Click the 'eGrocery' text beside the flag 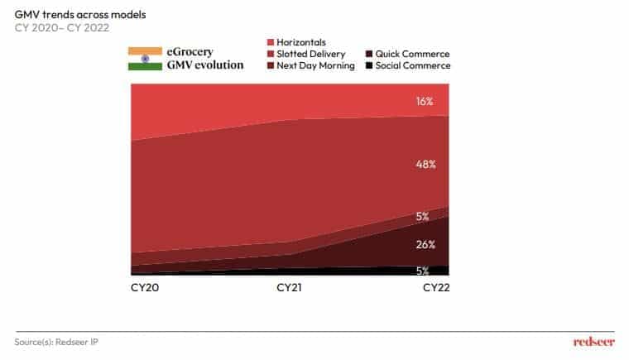point(190,52)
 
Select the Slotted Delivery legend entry point(309,53)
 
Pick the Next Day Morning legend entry point(312,65)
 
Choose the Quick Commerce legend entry point(406,53)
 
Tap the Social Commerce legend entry point(407,65)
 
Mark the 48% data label point(425,165)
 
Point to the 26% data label point(425,244)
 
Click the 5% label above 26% point(422,217)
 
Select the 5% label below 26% point(422,271)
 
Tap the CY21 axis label point(290,287)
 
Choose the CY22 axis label point(435,287)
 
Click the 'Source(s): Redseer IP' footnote point(56,341)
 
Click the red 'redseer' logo point(593,341)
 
